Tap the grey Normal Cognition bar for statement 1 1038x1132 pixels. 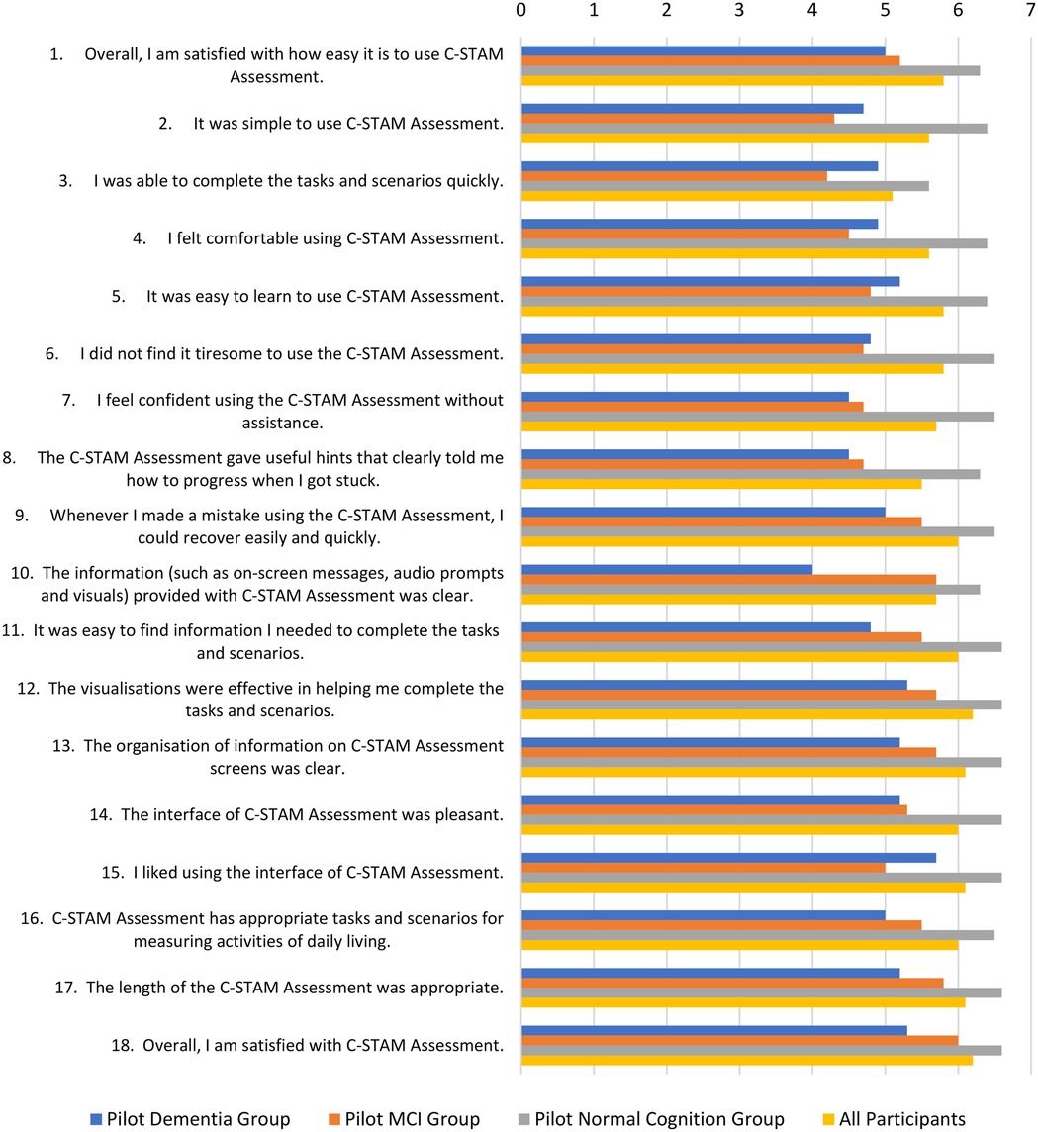coord(750,70)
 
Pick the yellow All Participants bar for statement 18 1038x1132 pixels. coord(746,1060)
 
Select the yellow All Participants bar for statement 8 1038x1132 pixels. coord(721,483)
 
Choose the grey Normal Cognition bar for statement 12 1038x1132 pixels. coord(761,705)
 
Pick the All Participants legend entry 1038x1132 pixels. coord(900,1119)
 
